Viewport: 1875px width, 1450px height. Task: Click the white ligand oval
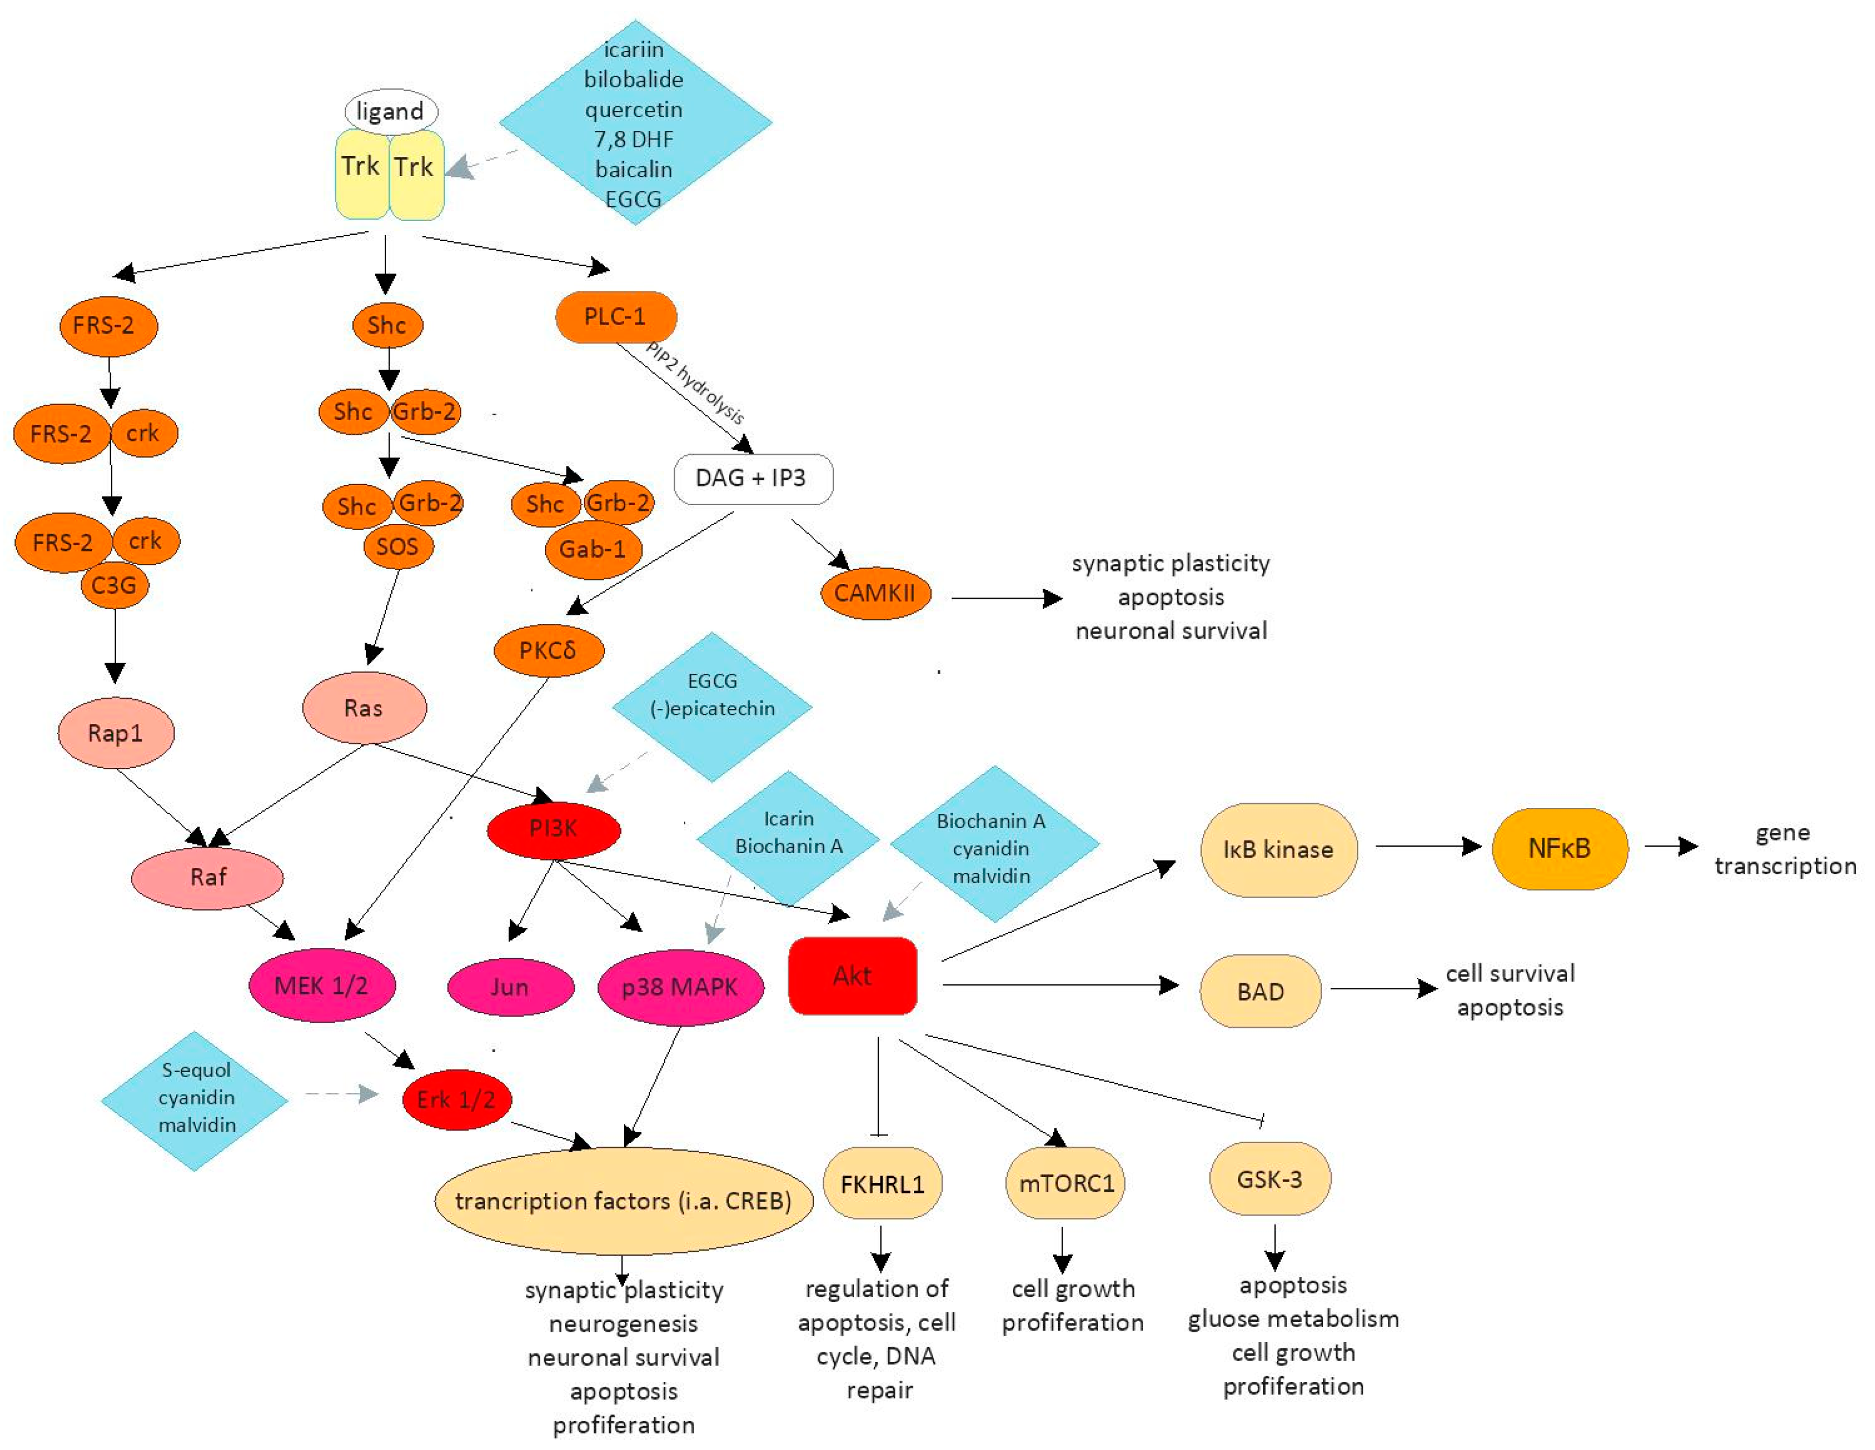click(391, 111)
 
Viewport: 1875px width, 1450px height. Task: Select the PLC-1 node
click(615, 317)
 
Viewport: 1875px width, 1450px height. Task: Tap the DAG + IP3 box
click(753, 478)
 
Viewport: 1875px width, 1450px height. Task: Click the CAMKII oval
click(876, 592)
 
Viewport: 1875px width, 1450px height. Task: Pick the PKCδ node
click(548, 650)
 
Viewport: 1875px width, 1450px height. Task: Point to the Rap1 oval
click(116, 732)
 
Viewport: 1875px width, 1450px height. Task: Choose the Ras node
click(364, 707)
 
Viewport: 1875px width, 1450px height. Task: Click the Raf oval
click(207, 876)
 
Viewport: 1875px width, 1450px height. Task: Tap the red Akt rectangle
click(852, 975)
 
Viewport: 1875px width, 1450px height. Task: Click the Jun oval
click(511, 987)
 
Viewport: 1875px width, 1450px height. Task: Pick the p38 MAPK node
click(680, 987)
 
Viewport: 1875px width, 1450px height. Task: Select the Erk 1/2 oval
click(456, 1099)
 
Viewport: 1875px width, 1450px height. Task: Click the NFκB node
click(1560, 848)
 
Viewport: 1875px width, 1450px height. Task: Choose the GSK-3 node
click(1270, 1178)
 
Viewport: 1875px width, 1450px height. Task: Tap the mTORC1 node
click(1065, 1183)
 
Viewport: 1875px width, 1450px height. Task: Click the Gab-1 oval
click(593, 548)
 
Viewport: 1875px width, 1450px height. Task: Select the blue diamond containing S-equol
click(195, 1100)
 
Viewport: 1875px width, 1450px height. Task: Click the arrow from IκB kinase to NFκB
click(1429, 847)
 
